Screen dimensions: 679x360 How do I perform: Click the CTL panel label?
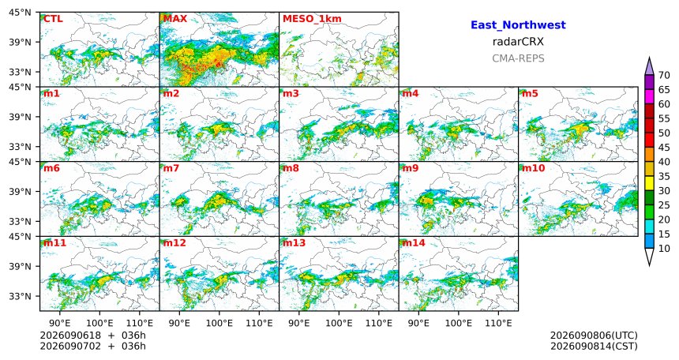53,19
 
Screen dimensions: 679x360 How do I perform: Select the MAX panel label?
175,19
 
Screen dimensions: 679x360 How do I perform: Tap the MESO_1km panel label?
312,19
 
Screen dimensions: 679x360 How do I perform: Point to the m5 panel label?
530,93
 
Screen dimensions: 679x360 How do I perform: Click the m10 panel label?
533,168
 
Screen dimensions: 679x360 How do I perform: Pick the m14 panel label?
414,242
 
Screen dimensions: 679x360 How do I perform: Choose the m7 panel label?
171,168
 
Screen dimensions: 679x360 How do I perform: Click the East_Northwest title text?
518,25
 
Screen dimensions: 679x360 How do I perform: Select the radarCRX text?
518,42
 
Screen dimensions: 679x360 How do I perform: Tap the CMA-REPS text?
518,58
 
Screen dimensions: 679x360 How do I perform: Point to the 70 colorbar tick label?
664,75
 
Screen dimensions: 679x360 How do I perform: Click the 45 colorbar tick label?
664,148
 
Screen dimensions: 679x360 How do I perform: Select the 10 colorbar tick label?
664,248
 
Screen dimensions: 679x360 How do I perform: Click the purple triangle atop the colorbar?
649,68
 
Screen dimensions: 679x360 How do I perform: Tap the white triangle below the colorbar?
649,256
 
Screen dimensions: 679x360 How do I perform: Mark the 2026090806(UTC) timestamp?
594,336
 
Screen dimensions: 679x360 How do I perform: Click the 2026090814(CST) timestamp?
594,346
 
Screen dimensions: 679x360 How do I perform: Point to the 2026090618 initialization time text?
70,336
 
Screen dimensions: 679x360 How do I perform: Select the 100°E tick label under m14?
459,323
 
